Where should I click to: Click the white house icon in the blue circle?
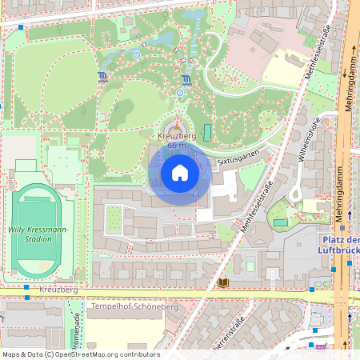click(x=179, y=173)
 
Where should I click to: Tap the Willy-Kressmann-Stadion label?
click(x=39, y=233)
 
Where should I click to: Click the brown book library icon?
click(x=222, y=283)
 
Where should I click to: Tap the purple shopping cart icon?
click(x=322, y=346)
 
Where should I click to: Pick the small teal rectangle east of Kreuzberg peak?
click(x=208, y=131)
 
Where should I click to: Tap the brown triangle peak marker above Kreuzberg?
click(x=175, y=126)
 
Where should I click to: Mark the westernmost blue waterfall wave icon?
click(x=102, y=78)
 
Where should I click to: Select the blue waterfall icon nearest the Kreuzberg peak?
click(x=186, y=80)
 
